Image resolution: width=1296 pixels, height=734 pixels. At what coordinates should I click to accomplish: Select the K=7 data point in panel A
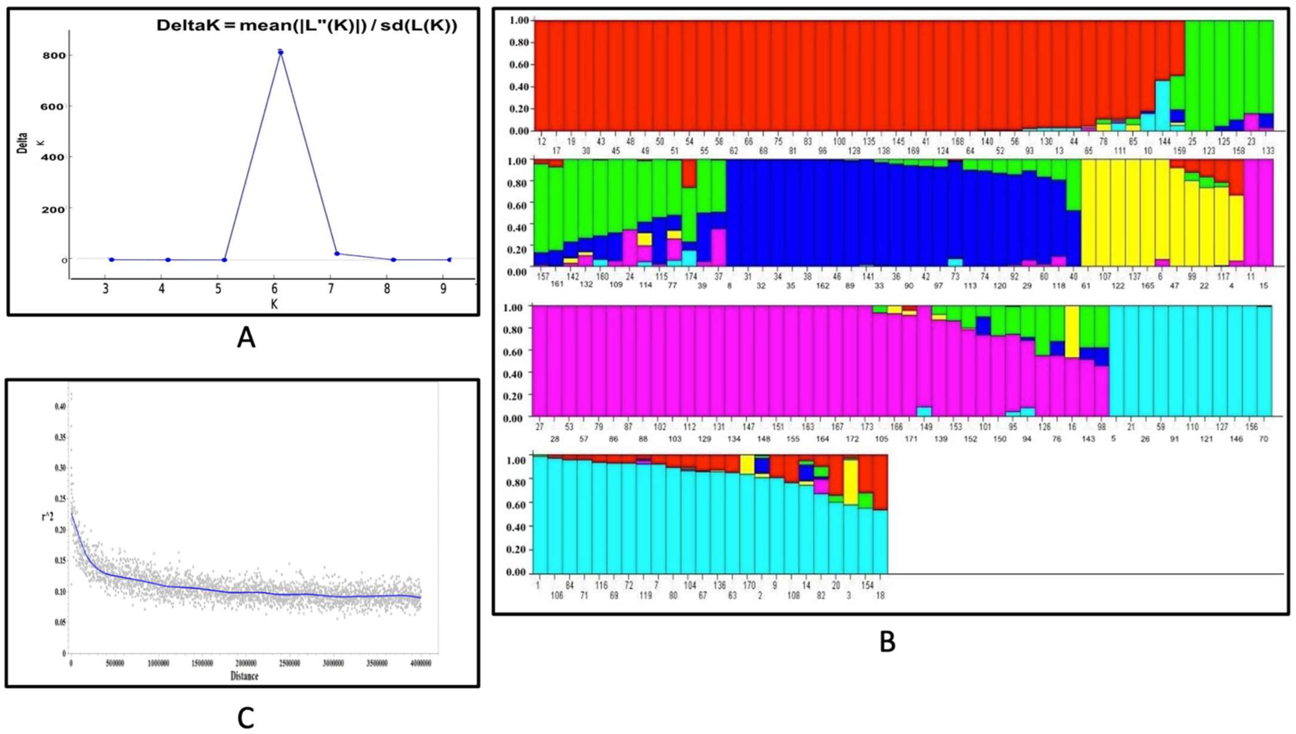[x=337, y=253]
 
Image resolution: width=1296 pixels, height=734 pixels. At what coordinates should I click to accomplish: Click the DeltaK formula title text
[x=307, y=26]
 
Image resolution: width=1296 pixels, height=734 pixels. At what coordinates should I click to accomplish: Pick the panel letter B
[x=887, y=642]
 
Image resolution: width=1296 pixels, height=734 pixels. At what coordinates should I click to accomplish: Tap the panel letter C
[x=245, y=718]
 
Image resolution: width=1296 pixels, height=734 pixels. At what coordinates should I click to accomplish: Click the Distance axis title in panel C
[x=244, y=676]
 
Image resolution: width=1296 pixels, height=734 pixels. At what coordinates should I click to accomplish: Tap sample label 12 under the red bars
[x=542, y=142]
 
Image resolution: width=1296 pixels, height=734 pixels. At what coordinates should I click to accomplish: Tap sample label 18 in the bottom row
[x=880, y=595]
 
